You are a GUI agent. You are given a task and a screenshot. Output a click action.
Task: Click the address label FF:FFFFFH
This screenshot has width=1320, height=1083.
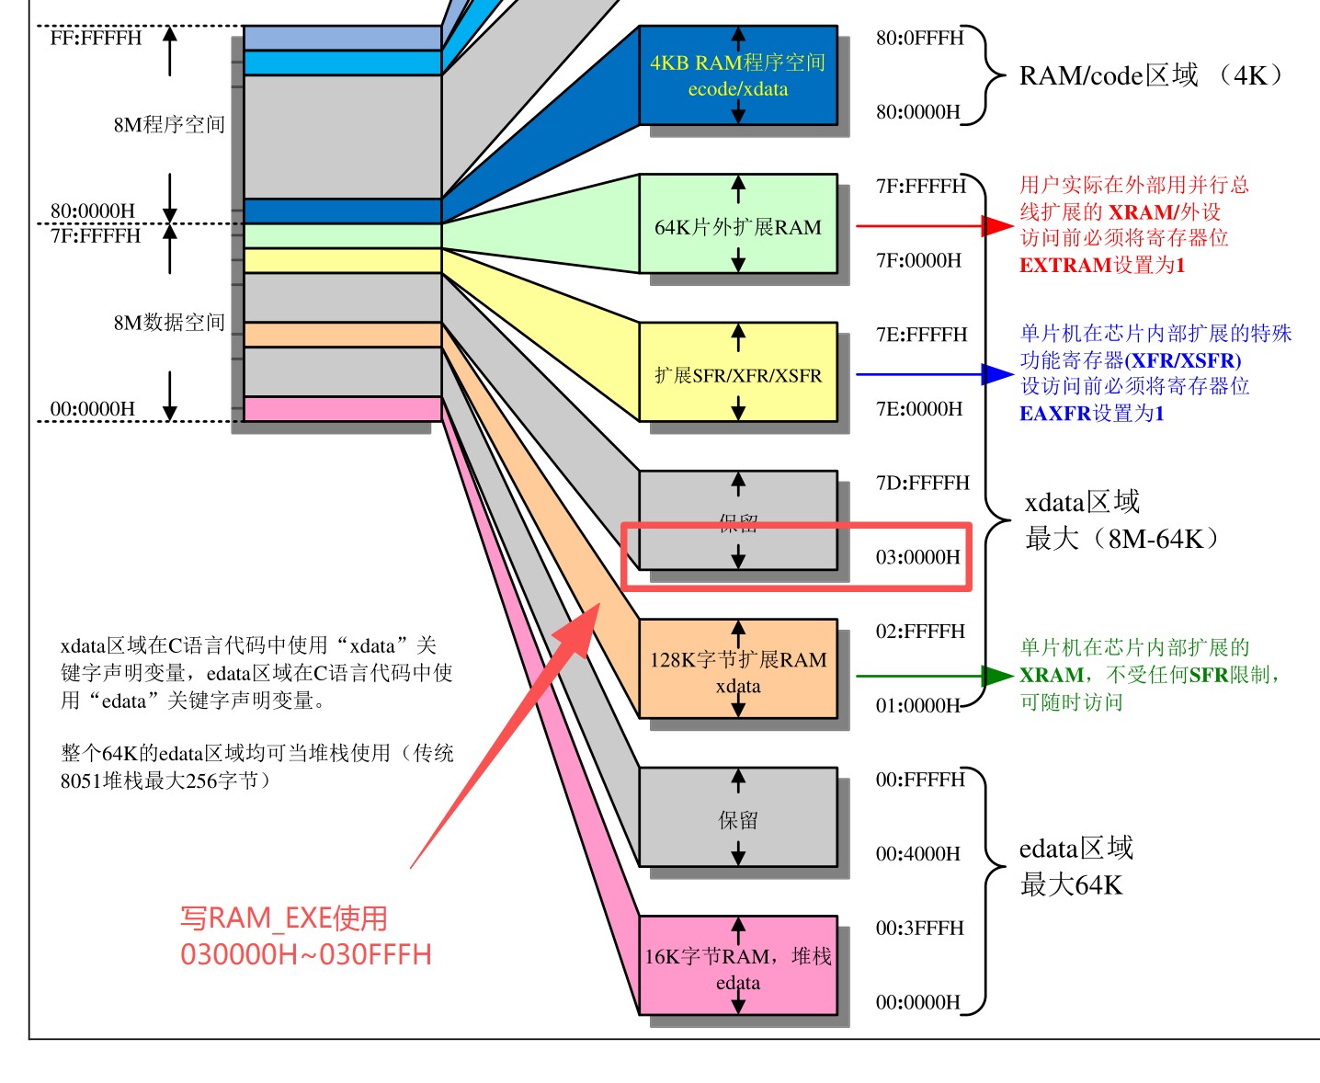coord(96,38)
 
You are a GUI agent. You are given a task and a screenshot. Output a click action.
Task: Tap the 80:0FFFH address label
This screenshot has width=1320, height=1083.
coord(919,38)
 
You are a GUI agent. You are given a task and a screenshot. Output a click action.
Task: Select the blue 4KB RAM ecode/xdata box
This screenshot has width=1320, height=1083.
coord(738,75)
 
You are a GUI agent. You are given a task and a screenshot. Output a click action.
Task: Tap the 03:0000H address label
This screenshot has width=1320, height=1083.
coord(917,557)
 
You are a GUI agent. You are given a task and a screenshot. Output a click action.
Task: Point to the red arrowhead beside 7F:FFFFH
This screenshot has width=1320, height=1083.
coord(996,225)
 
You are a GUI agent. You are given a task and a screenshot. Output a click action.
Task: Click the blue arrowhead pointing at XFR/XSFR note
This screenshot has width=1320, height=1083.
coord(996,374)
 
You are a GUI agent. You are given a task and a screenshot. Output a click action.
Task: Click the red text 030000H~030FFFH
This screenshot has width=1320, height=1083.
coord(305,954)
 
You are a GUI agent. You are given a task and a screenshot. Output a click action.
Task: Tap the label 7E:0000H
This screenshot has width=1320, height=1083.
coord(918,409)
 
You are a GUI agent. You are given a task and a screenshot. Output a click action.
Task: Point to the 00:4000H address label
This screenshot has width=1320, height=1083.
coord(917,854)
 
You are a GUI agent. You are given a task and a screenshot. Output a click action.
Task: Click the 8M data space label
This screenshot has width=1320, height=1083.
coord(169,323)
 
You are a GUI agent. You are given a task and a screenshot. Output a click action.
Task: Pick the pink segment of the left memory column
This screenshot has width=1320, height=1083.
coord(342,409)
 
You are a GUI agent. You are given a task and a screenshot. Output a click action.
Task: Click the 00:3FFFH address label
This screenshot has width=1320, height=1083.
coord(919,929)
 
